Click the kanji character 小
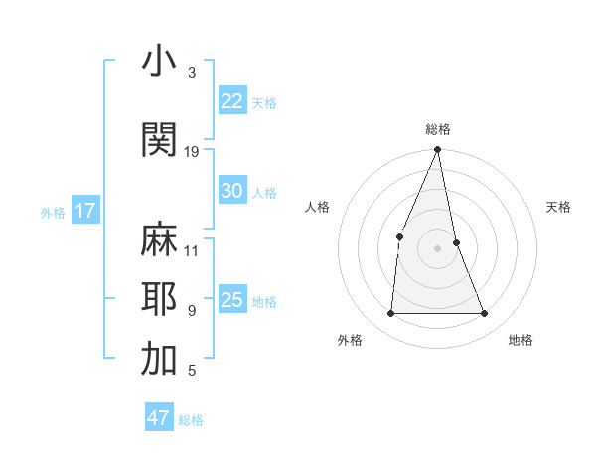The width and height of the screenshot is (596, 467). (x=159, y=62)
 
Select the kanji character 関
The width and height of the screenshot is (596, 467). (x=159, y=140)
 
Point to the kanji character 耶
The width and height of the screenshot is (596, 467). (x=159, y=299)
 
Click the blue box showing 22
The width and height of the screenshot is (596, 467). (x=232, y=100)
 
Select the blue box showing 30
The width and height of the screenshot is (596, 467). (x=232, y=191)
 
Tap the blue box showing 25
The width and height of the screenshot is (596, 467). (x=232, y=300)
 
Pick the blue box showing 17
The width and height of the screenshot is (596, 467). (x=84, y=211)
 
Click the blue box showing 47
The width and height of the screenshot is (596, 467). (x=159, y=418)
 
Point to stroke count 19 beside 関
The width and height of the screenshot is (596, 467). (x=192, y=151)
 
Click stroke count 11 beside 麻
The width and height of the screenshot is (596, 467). (x=192, y=250)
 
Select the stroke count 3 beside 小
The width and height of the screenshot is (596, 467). (x=192, y=73)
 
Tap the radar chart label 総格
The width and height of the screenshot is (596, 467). (x=437, y=129)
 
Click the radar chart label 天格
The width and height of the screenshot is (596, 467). (x=559, y=207)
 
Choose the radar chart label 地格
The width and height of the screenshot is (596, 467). (x=521, y=340)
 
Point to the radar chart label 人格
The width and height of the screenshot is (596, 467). (x=317, y=207)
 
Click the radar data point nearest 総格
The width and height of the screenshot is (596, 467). (x=437, y=150)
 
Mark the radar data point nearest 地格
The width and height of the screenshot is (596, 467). (x=484, y=314)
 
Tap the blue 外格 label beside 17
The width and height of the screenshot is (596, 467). (x=52, y=212)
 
